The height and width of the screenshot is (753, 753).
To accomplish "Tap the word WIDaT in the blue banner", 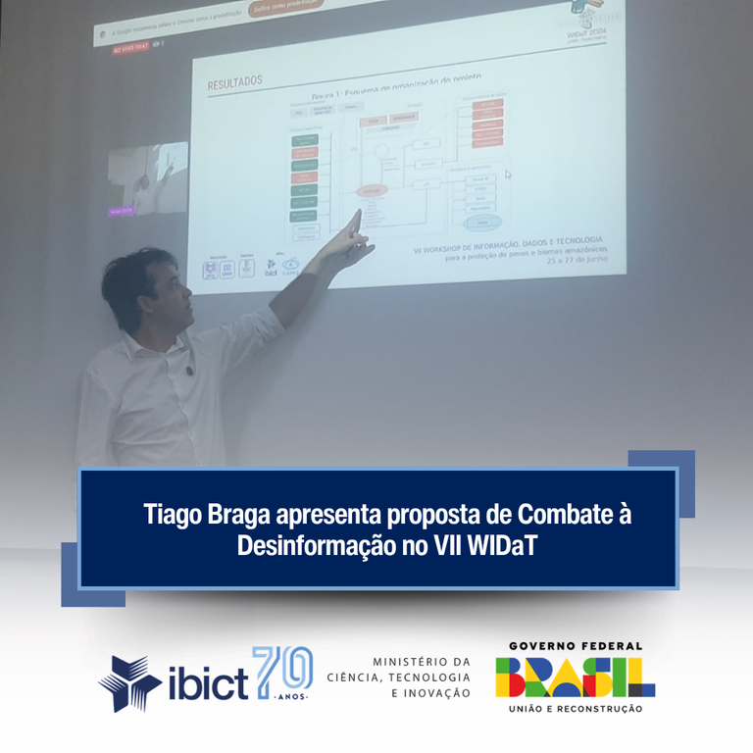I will pos(499,546).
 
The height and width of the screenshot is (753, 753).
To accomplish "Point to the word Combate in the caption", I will pos(570,514).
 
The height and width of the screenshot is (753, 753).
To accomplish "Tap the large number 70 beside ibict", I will pos(282,671).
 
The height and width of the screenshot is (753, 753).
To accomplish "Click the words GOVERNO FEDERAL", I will pos(576,646).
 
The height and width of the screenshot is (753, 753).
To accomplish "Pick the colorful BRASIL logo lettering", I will pos(576,677).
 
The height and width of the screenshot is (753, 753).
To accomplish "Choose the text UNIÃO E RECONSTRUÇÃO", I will pos(576,708).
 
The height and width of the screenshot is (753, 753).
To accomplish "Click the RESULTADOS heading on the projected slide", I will pos(234,84).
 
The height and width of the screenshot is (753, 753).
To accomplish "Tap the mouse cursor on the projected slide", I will pos(508,176).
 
